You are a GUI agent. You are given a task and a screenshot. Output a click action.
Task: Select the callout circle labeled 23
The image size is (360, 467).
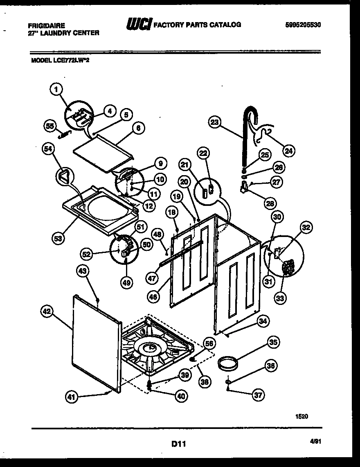click(214, 122)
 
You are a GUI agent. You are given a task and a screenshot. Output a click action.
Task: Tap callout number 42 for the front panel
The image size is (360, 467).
click(47, 312)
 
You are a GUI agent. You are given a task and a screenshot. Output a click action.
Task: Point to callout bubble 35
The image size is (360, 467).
click(273, 342)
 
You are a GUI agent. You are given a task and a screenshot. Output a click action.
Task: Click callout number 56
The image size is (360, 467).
click(209, 344)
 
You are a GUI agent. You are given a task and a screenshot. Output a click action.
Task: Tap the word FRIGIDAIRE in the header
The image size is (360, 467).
click(47, 25)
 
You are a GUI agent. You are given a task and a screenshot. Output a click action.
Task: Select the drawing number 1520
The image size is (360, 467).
click(301, 416)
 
